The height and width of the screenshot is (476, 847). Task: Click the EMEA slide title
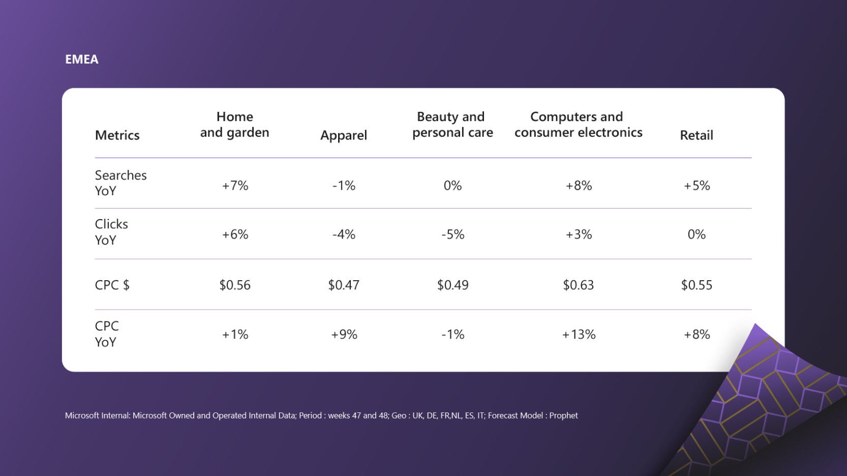(82, 59)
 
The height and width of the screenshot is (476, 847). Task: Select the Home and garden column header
(234, 125)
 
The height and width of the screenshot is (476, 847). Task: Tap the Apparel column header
(344, 135)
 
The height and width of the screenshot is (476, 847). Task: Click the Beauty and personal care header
(452, 125)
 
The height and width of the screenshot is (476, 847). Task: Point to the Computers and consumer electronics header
(578, 125)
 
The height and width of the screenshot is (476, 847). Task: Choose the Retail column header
(697, 135)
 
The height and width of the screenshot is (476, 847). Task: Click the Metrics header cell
(117, 135)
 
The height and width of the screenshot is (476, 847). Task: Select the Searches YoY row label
(120, 183)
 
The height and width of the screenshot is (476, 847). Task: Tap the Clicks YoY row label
(111, 232)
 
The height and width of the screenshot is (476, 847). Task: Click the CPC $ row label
(112, 285)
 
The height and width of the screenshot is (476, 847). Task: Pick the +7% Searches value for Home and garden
(235, 186)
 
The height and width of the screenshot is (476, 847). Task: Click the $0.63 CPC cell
(578, 285)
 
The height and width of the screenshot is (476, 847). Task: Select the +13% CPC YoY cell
(579, 335)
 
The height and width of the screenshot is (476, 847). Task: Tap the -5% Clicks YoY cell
(452, 234)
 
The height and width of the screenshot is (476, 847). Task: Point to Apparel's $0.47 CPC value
(344, 285)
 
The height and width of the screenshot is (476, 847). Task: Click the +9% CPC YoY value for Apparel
(344, 335)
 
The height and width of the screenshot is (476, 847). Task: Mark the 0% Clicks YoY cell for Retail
(697, 234)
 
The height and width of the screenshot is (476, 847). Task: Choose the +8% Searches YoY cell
(579, 186)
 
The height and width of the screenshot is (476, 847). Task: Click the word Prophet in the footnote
(563, 415)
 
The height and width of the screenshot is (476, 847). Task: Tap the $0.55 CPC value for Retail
(697, 285)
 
